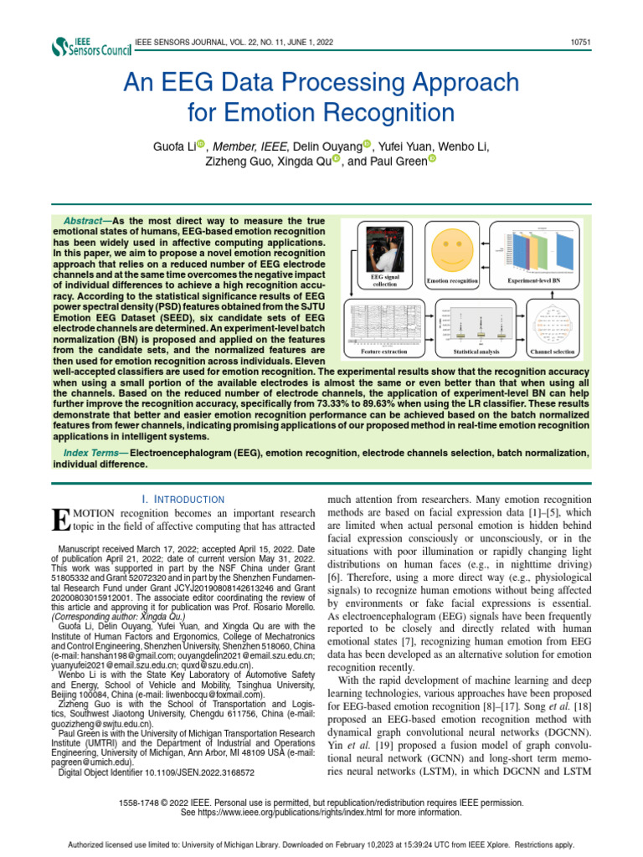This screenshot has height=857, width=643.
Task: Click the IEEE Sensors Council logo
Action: [91, 46]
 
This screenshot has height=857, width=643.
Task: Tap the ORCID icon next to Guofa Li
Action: [201, 145]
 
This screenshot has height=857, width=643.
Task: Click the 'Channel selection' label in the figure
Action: [552, 352]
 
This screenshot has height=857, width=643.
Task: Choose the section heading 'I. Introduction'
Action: [183, 499]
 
